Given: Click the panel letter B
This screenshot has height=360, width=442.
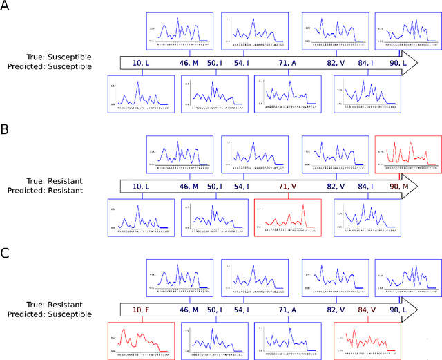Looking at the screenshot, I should [x=6, y=129].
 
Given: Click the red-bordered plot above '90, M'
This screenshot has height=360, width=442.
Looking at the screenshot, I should [x=407, y=154].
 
